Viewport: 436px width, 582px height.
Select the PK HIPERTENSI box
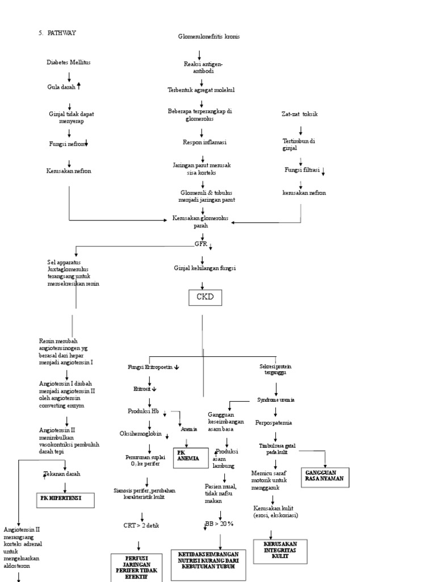tap(65, 500)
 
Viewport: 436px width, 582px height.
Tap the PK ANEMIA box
tap(190, 457)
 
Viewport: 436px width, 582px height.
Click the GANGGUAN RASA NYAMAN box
tap(324, 478)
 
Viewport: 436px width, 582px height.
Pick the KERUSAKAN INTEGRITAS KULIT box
tap(280, 551)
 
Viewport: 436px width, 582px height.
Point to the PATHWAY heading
tap(57, 33)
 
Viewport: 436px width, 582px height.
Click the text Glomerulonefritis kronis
tap(209, 36)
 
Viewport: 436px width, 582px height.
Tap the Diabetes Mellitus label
tap(68, 63)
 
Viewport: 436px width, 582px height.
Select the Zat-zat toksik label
tap(300, 114)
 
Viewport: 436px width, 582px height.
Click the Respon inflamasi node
tap(202, 142)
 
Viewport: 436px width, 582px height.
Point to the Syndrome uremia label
tap(275, 400)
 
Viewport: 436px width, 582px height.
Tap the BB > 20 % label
tap(219, 523)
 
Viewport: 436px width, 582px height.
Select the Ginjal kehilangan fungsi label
tap(204, 268)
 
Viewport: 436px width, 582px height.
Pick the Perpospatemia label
tap(275, 423)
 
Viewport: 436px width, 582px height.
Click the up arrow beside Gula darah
tap(79, 86)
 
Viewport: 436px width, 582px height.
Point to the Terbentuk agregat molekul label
tap(200, 90)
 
